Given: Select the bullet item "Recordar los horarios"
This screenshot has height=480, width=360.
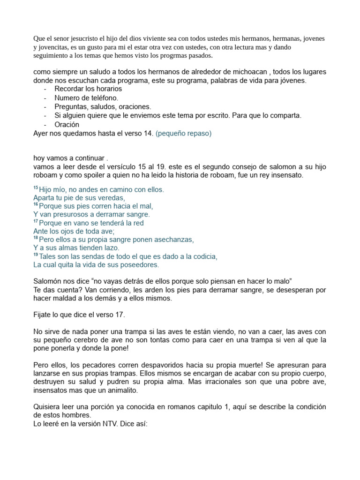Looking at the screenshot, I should pyautogui.click(x=88, y=89).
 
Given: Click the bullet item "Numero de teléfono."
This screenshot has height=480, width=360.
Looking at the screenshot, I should pyautogui.click(x=87, y=98).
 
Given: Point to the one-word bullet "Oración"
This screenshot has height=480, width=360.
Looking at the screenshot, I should pyautogui.click(x=67, y=125).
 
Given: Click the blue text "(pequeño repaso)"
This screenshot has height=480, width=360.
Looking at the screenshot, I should pyautogui.click(x=183, y=134).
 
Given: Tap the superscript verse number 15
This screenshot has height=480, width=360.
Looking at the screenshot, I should pyautogui.click(x=36, y=188).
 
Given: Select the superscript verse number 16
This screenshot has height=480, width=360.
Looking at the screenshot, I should pyautogui.click(x=36, y=205).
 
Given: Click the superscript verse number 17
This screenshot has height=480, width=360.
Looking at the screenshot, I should pyautogui.click(x=36, y=222).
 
